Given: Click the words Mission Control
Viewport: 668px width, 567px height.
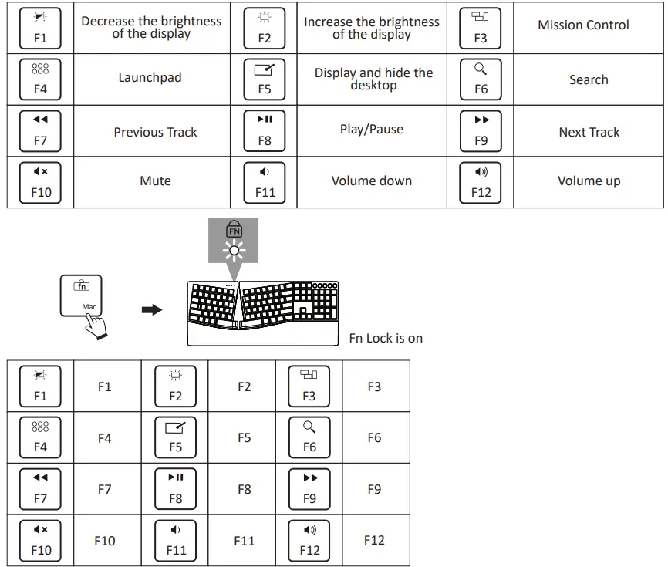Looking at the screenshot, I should [583, 25].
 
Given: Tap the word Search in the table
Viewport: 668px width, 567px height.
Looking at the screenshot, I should [589, 79].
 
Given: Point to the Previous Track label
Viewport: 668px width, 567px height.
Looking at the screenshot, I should [155, 132].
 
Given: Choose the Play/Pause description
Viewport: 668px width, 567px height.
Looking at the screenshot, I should [371, 129].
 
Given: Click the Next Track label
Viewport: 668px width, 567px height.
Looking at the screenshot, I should [589, 132].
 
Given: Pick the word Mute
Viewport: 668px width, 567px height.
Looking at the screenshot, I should [155, 181].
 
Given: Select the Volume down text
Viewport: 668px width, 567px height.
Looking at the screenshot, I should [371, 181].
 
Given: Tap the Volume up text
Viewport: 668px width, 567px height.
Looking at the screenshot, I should [589, 181].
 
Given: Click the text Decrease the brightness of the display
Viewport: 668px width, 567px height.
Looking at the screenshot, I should [151, 27].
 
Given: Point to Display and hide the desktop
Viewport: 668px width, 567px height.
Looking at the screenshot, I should [373, 79].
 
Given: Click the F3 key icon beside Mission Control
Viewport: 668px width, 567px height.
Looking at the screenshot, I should [481, 27].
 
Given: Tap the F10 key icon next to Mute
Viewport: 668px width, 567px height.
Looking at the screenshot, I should [41, 182].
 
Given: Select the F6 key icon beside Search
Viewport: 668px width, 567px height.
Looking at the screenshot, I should [481, 79].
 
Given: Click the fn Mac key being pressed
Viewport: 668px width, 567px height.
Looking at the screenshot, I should [82, 295].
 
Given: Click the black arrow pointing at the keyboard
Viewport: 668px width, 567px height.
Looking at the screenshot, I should [152, 309].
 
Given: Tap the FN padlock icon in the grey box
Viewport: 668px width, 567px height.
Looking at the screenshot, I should [234, 229].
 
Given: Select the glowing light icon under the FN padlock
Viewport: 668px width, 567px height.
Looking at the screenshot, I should [233, 248].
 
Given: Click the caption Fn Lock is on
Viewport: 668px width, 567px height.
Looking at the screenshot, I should [386, 338].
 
